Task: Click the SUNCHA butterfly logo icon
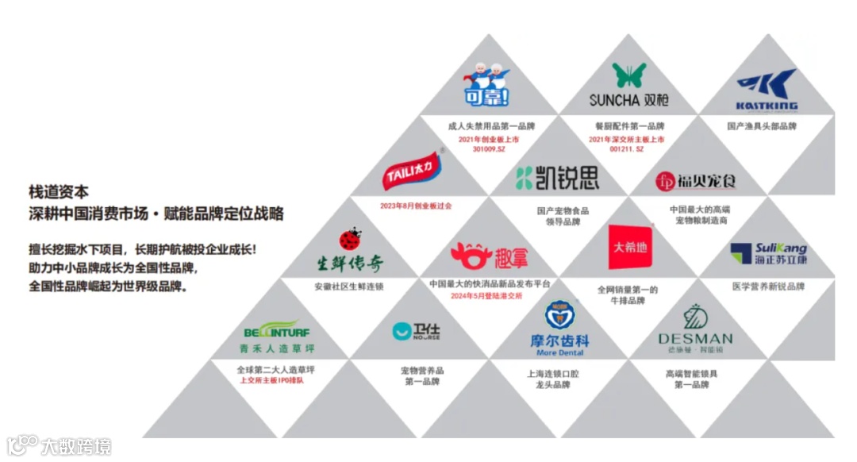point(628,75)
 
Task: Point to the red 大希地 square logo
point(629,247)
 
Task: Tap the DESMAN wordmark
point(695,339)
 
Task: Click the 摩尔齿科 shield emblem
point(559,314)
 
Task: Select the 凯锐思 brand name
point(558,178)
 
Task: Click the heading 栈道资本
point(59,191)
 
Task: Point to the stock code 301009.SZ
point(489,148)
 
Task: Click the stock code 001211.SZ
point(628,148)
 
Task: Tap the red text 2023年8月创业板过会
point(416,205)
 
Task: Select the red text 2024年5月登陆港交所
point(489,296)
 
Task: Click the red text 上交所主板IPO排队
point(276,380)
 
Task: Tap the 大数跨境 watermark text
point(76,445)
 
